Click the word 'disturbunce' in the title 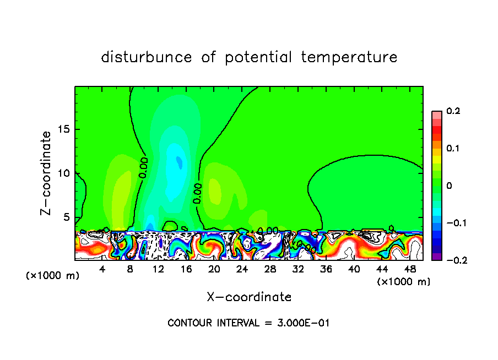coord(147,57)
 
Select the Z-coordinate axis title coord(47,173)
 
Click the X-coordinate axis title coord(249,297)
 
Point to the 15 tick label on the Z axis coord(65,129)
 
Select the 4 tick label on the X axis coord(102,269)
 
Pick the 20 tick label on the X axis coord(214,269)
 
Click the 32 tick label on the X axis coord(298,269)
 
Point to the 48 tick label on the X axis coord(410,269)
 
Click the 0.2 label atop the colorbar coord(453,111)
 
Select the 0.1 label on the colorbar coord(453,148)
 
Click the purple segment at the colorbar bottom coord(437,257)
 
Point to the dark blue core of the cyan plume coord(178,161)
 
